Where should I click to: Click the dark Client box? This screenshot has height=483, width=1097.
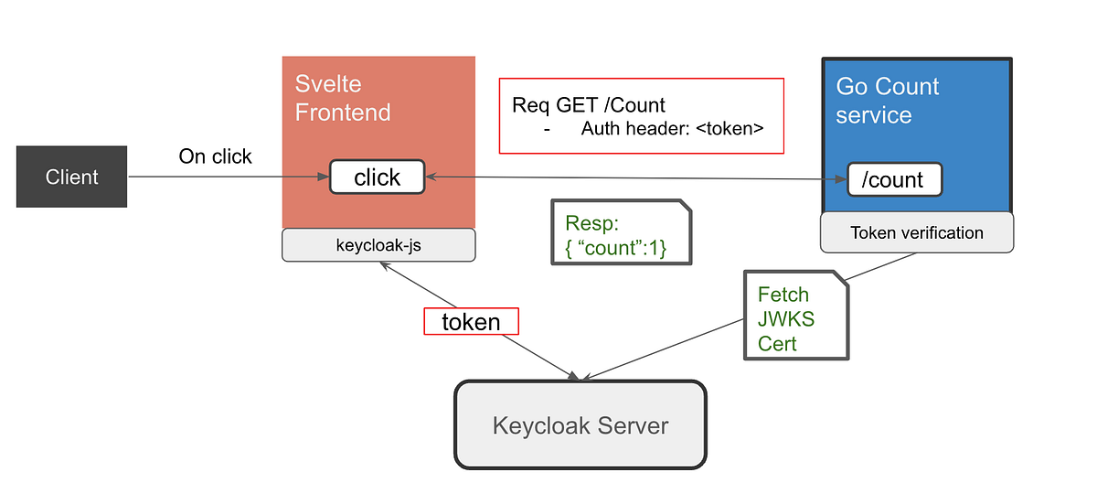tap(72, 177)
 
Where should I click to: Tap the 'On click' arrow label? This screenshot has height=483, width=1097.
tap(215, 156)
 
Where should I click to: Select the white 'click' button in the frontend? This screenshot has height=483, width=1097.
tap(377, 177)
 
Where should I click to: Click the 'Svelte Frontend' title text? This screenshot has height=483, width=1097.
tap(342, 99)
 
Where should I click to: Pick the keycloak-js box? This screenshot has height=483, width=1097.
tap(378, 244)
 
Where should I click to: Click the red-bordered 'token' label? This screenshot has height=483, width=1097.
tap(471, 321)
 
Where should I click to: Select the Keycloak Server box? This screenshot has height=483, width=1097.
tap(580, 425)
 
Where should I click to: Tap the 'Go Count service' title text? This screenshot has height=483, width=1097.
tap(887, 101)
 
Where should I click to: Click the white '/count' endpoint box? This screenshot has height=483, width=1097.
tap(893, 180)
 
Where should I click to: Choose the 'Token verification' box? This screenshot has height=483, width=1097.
tap(916, 233)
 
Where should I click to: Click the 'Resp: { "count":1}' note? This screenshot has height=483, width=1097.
tap(621, 235)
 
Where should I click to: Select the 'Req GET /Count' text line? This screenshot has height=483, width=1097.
tap(588, 104)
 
